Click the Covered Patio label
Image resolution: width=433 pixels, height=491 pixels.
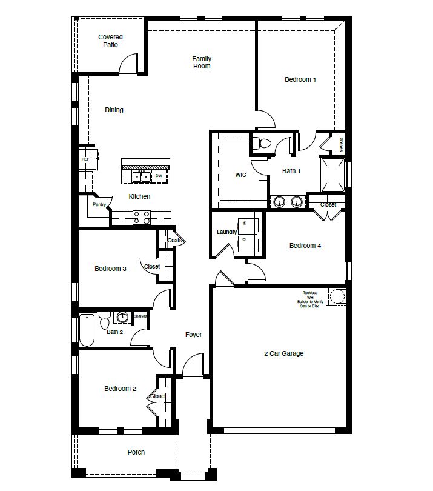tap(110, 41)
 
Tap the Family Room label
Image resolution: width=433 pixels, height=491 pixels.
tap(202, 62)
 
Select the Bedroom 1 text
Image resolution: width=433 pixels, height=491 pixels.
tap(300, 79)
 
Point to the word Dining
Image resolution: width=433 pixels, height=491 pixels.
tap(114, 110)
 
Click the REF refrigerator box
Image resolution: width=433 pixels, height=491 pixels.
tap(85, 159)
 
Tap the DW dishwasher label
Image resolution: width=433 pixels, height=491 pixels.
tap(159, 176)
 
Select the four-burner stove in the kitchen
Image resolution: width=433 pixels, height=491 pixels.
tap(142, 218)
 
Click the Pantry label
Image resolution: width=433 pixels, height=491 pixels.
tap(99, 204)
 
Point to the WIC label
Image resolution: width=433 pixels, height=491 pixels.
tap(241, 175)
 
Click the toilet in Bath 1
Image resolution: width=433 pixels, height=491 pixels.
tap(262, 144)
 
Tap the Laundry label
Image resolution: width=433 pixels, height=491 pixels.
tap(226, 232)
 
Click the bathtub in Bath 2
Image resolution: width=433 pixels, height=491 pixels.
tap(87, 331)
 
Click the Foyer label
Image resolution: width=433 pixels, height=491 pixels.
tap(193, 335)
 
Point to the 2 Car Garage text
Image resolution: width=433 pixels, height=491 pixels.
tap(283, 353)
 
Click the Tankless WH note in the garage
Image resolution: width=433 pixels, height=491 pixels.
tap(310, 300)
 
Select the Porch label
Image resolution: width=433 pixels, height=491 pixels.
tap(136, 452)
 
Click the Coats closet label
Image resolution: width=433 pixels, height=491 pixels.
tap(174, 241)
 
